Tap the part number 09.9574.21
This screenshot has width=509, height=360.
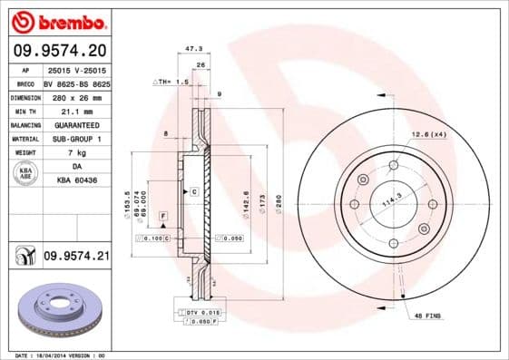[x=75, y=258]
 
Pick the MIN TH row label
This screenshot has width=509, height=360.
[x=24, y=110]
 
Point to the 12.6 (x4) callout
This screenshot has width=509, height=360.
[x=428, y=134]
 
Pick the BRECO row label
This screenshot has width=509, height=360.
[x=24, y=82]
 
